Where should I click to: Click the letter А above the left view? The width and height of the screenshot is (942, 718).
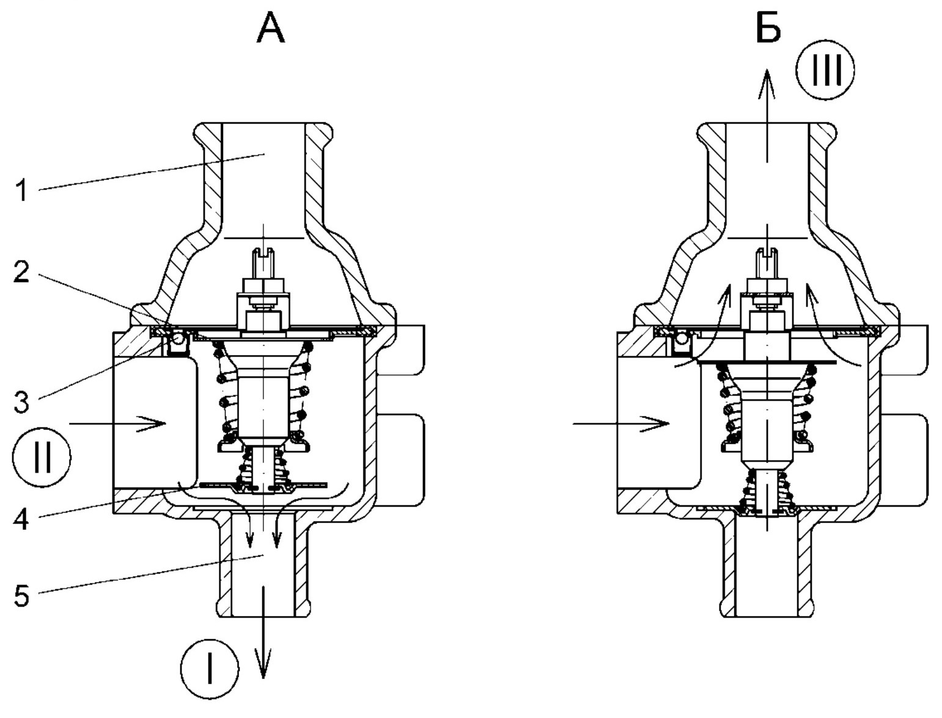pyautogui.click(x=270, y=29)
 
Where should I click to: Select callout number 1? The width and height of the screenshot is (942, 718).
pyautogui.click(x=21, y=191)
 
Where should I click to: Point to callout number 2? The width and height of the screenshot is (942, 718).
pyautogui.click(x=21, y=273)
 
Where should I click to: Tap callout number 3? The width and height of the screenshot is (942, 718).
pyautogui.click(x=21, y=403)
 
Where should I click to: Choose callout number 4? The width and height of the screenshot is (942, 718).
pyautogui.click(x=21, y=521)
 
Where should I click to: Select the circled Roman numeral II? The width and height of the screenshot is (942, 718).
pyautogui.click(x=42, y=457)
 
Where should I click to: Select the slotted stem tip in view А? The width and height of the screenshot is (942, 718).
pyautogui.click(x=264, y=250)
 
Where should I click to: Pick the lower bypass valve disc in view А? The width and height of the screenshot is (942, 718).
pyautogui.click(x=264, y=485)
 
